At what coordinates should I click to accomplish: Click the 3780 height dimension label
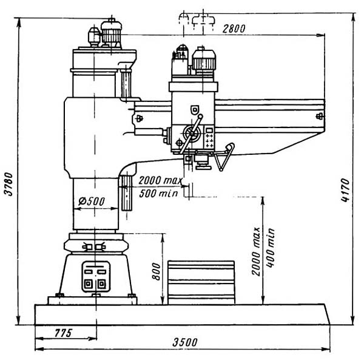click(x=9, y=184)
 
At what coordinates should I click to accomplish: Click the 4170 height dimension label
click(x=346, y=190)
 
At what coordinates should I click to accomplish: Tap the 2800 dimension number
click(x=234, y=29)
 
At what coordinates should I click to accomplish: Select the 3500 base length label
click(x=185, y=342)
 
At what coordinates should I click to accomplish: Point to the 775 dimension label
click(x=63, y=333)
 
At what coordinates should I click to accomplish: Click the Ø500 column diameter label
click(x=92, y=202)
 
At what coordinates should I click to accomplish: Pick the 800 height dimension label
click(x=157, y=272)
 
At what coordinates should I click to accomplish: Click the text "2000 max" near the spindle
click(x=160, y=180)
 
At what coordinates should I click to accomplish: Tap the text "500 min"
click(x=158, y=193)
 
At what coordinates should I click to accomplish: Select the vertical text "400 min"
click(x=270, y=248)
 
